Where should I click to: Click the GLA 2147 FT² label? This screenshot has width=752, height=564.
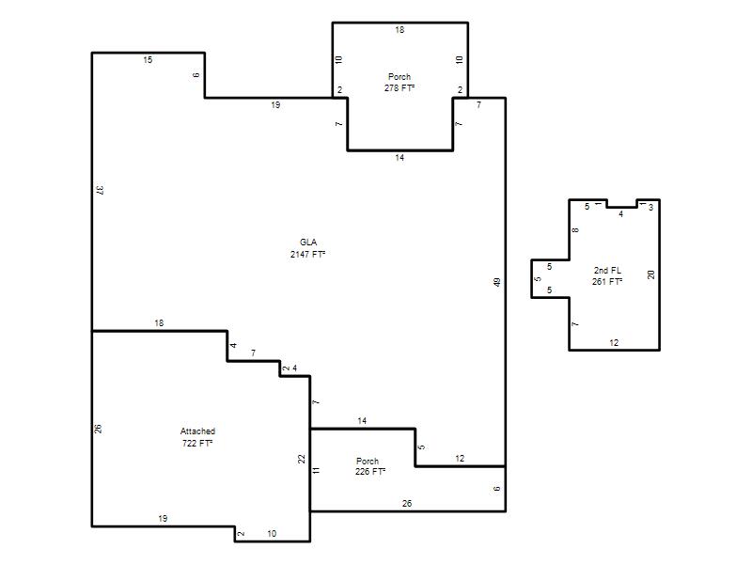click(308, 248)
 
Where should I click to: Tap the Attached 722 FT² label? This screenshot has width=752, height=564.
click(197, 437)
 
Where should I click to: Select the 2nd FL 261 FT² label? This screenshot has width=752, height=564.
click(607, 275)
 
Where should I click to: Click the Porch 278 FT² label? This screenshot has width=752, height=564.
click(399, 82)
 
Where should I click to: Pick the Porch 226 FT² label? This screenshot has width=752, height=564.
click(369, 466)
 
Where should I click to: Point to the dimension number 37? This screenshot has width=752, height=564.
click(100, 190)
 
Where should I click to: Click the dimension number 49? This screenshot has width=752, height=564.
click(497, 282)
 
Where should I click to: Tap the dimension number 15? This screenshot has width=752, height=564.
click(148, 60)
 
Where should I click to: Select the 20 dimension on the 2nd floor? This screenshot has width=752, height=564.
click(650, 274)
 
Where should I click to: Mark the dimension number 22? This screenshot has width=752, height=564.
click(301, 459)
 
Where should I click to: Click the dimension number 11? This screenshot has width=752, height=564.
click(316, 470)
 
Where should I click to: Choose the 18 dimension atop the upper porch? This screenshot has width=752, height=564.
click(399, 30)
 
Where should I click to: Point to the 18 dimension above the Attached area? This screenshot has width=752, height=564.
click(159, 323)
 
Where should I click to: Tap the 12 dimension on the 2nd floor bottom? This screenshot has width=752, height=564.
click(614, 343)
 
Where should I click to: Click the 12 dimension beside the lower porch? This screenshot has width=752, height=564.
click(460, 459)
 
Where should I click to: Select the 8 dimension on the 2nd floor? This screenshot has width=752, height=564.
click(575, 230)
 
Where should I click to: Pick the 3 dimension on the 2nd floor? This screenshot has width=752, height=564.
click(650, 208)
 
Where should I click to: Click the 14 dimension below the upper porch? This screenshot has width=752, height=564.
click(399, 158)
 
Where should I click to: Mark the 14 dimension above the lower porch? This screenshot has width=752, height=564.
click(362, 420)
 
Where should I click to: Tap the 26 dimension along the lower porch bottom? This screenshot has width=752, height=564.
click(407, 504)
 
